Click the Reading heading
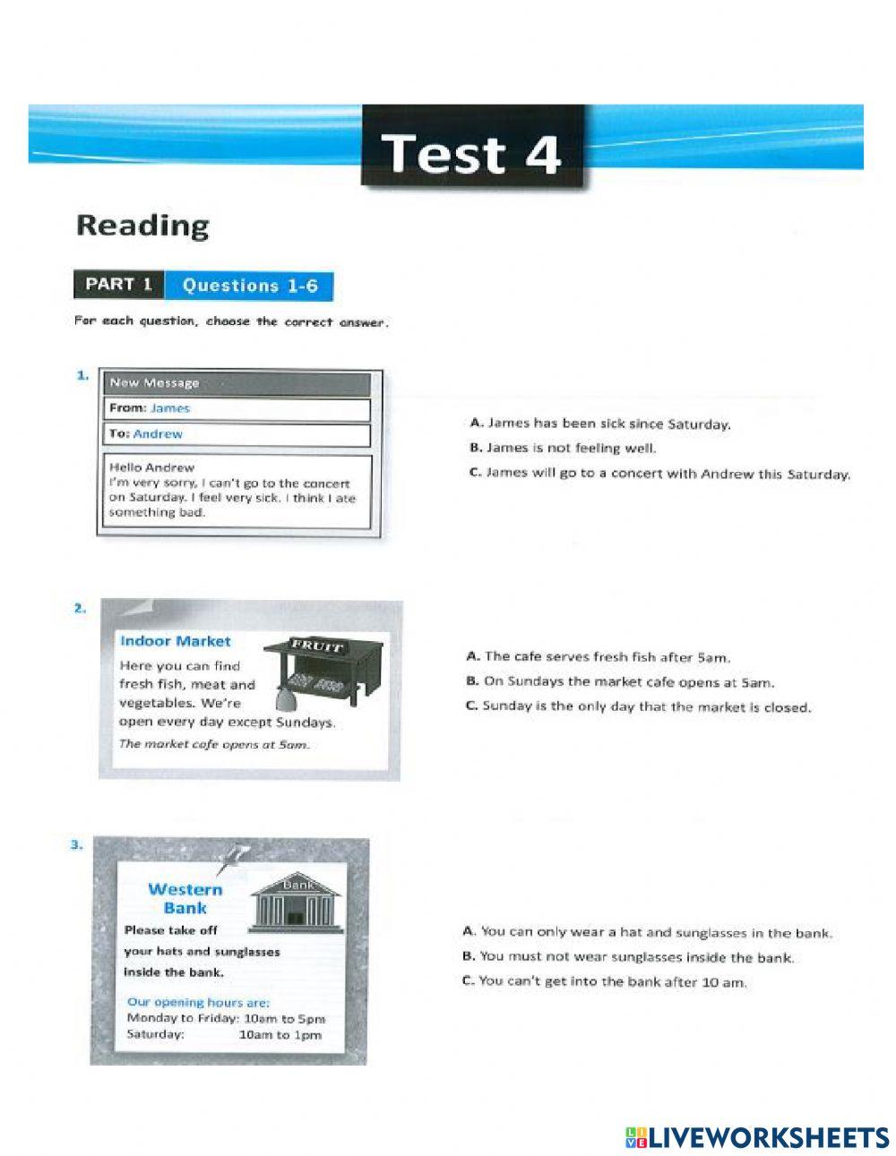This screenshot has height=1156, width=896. click(142, 225)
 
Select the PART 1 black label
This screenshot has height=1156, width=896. click(119, 285)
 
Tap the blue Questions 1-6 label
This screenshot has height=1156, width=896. click(249, 286)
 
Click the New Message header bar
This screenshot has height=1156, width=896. click(235, 383)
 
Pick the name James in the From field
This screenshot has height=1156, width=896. click(170, 408)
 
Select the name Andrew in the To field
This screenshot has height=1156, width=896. click(158, 434)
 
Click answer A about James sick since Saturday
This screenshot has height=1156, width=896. click(599, 424)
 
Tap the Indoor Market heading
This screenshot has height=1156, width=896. click(175, 641)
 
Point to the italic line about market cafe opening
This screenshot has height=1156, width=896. click(214, 745)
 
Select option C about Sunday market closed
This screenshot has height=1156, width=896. click(638, 706)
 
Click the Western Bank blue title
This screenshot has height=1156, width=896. click(185, 898)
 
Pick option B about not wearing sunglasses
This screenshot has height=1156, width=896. click(628, 957)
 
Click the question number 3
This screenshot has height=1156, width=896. click(77, 843)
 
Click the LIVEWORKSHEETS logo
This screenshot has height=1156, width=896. click(757, 1137)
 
